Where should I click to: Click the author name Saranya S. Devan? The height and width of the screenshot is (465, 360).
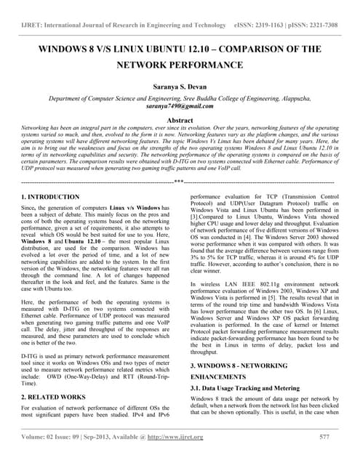point(180,85)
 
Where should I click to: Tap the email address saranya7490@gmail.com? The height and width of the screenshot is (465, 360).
point(180,105)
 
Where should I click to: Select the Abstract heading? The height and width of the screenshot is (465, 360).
point(180,119)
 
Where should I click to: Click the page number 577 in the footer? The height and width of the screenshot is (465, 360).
point(324,436)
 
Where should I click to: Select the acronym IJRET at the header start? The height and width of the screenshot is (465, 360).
point(34,25)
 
